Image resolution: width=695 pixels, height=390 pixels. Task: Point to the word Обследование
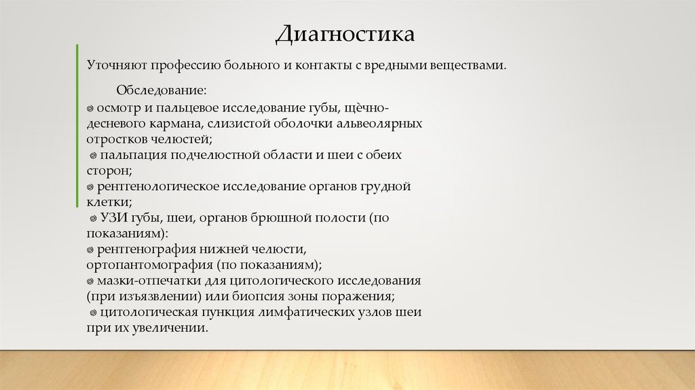162,90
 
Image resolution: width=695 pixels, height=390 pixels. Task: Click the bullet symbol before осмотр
90,109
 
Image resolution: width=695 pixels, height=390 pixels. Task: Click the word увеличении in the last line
172,327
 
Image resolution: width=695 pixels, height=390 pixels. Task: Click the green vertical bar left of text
77,125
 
